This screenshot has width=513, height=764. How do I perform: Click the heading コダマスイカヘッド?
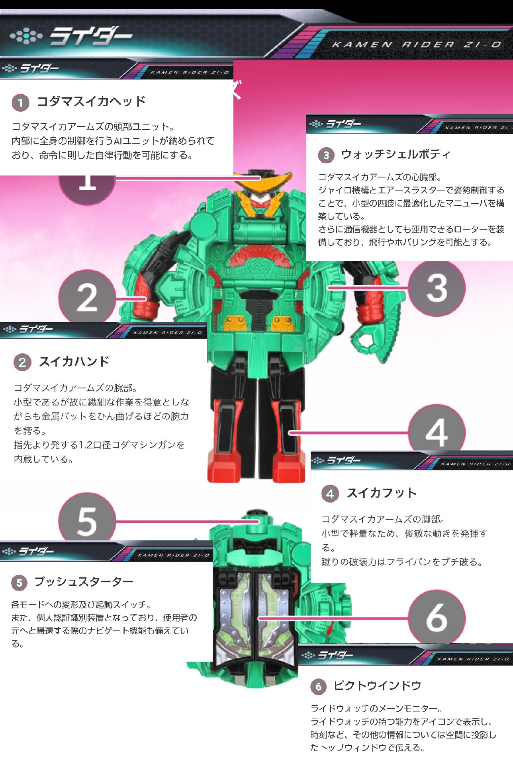[91, 101]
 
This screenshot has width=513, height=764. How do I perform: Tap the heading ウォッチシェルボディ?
[396, 154]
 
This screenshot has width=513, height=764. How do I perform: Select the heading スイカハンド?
[74, 362]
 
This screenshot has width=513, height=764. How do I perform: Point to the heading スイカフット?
[382, 493]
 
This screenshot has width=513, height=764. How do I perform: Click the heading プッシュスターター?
[84, 582]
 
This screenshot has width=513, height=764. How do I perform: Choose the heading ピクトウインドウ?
[378, 686]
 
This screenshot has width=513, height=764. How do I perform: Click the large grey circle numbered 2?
[87, 296]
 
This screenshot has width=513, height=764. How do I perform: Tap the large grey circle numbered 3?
[437, 288]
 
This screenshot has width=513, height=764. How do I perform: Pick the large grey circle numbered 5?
[87, 517]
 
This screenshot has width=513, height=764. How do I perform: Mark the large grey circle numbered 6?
[437, 617]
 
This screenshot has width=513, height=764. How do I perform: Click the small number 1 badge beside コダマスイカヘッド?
[20, 102]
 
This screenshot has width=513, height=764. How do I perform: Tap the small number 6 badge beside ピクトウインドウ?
[318, 686]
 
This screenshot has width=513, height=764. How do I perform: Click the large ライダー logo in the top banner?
[90, 37]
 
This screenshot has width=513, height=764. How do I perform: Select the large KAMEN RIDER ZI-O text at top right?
[417, 45]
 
